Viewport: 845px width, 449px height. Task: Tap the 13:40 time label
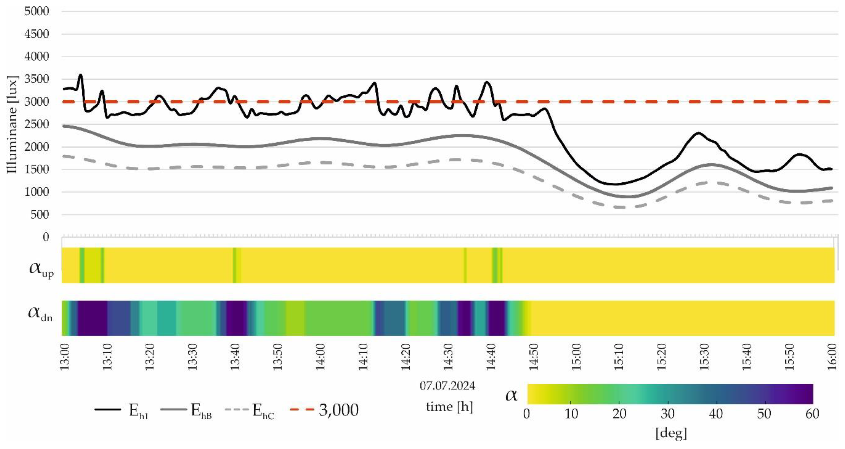235,357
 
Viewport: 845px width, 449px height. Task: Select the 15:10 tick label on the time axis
619,357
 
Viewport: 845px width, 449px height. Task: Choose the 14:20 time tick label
406,357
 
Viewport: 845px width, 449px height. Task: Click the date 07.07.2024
447,386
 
